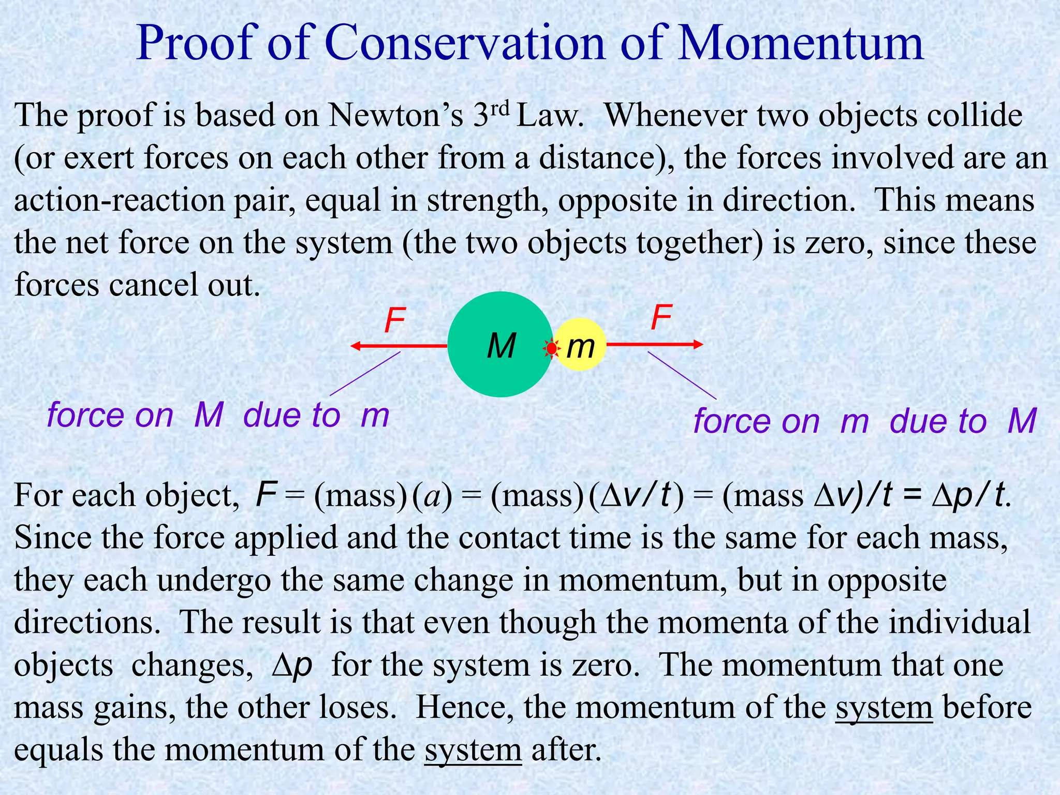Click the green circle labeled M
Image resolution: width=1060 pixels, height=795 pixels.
[x=487, y=362]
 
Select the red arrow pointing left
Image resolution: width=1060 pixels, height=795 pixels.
[x=399, y=346]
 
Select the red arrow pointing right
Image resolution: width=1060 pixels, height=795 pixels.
[x=654, y=344]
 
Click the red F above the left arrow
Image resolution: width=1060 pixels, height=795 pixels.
[x=395, y=320]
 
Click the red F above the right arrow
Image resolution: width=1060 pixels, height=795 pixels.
[x=661, y=317]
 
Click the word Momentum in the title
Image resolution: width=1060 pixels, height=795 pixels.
[x=801, y=43]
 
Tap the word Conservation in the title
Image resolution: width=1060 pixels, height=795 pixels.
[x=465, y=43]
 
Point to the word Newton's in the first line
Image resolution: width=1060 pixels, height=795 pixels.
[x=396, y=115]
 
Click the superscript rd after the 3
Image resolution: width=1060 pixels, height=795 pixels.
[x=499, y=108]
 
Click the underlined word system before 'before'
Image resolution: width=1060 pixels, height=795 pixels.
[x=884, y=708]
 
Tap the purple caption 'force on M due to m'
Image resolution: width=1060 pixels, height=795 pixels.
[x=218, y=415]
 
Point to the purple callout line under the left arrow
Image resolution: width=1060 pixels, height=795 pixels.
[x=365, y=374]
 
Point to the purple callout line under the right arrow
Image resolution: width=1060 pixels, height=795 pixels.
[x=682, y=375]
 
